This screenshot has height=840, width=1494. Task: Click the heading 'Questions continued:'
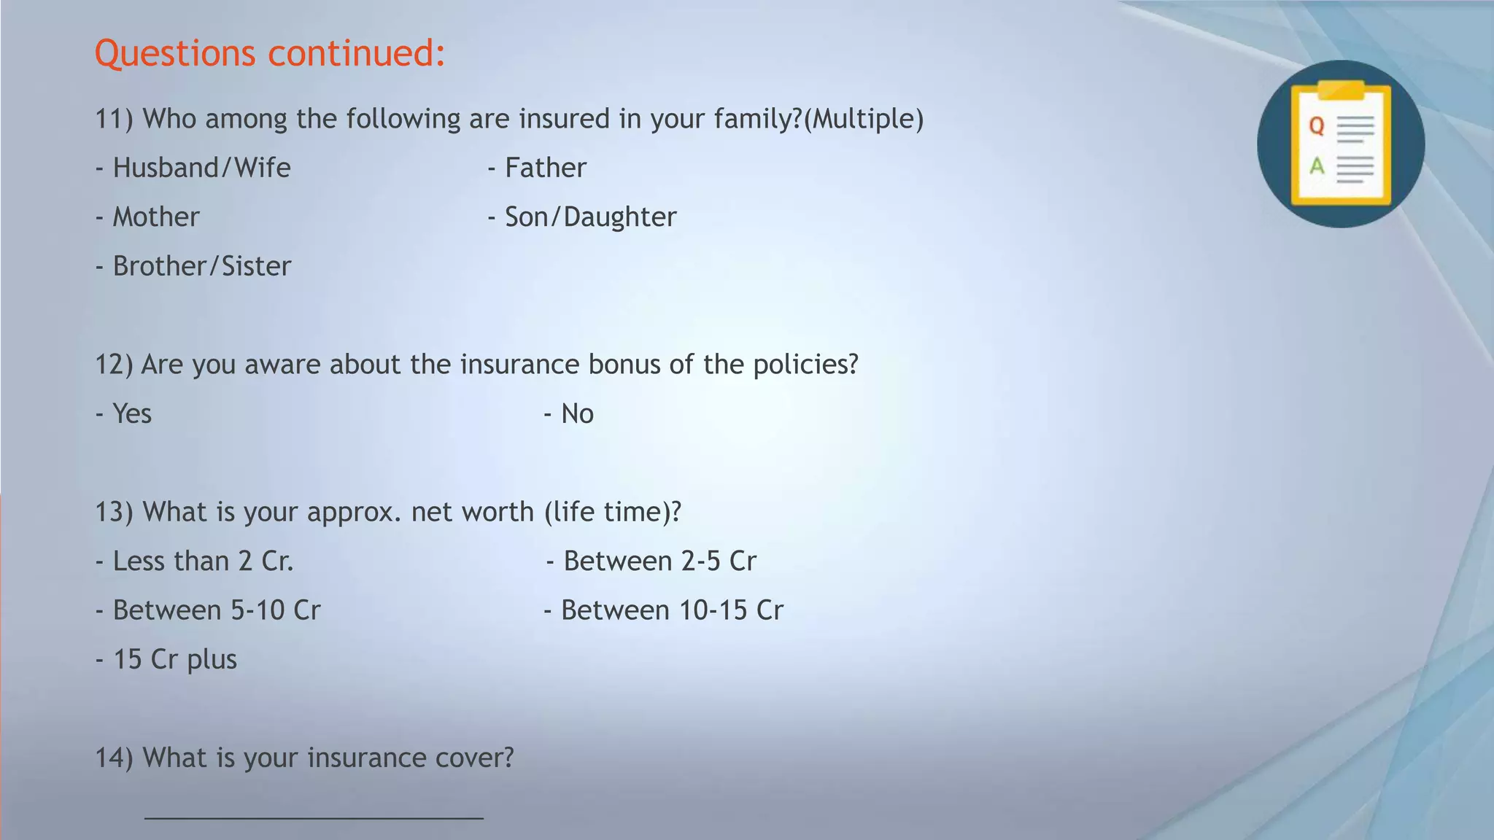click(x=270, y=53)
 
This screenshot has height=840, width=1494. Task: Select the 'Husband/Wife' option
click(x=201, y=168)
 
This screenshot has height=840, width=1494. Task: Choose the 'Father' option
click(x=545, y=168)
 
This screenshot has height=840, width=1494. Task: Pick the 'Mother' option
click(x=155, y=217)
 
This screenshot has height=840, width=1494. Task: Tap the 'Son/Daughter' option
click(x=590, y=217)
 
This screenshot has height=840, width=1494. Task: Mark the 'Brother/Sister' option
click(x=201, y=266)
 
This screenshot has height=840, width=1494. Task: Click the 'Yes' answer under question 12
click(x=132, y=413)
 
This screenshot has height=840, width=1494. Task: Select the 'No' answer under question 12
click(x=577, y=413)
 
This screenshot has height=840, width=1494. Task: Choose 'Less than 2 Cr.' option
click(x=203, y=561)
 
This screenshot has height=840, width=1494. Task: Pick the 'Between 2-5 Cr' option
click(x=659, y=561)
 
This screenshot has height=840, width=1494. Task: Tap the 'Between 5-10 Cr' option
click(x=216, y=610)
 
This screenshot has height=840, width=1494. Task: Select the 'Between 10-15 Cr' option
click(x=671, y=610)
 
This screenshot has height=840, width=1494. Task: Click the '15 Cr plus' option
click(x=175, y=659)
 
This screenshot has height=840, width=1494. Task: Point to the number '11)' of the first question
click(x=114, y=119)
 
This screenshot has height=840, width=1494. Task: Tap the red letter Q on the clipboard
click(x=1317, y=126)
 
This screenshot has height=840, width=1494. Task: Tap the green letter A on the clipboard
click(x=1317, y=166)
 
